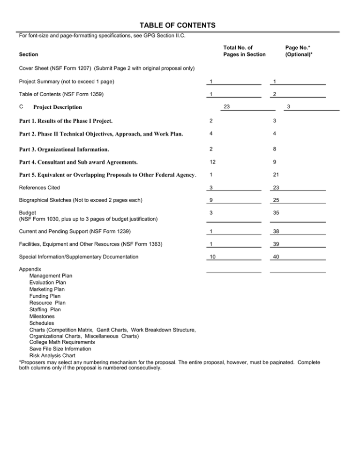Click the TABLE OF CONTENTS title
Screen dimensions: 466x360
click(x=180, y=24)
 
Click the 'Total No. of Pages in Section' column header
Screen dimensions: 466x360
click(x=238, y=51)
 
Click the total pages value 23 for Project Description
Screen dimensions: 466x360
click(x=227, y=106)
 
